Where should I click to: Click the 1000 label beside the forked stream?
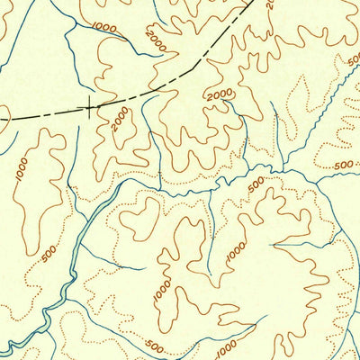tap(104, 29)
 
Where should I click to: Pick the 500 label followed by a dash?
tap(343, 165)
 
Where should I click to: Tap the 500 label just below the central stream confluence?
tap(256, 185)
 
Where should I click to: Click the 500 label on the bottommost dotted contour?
tap(154, 346)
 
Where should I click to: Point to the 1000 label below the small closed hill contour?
tap(161, 290)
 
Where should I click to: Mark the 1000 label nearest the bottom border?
tap(226, 346)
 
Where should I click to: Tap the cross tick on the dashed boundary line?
tap(88, 109)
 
